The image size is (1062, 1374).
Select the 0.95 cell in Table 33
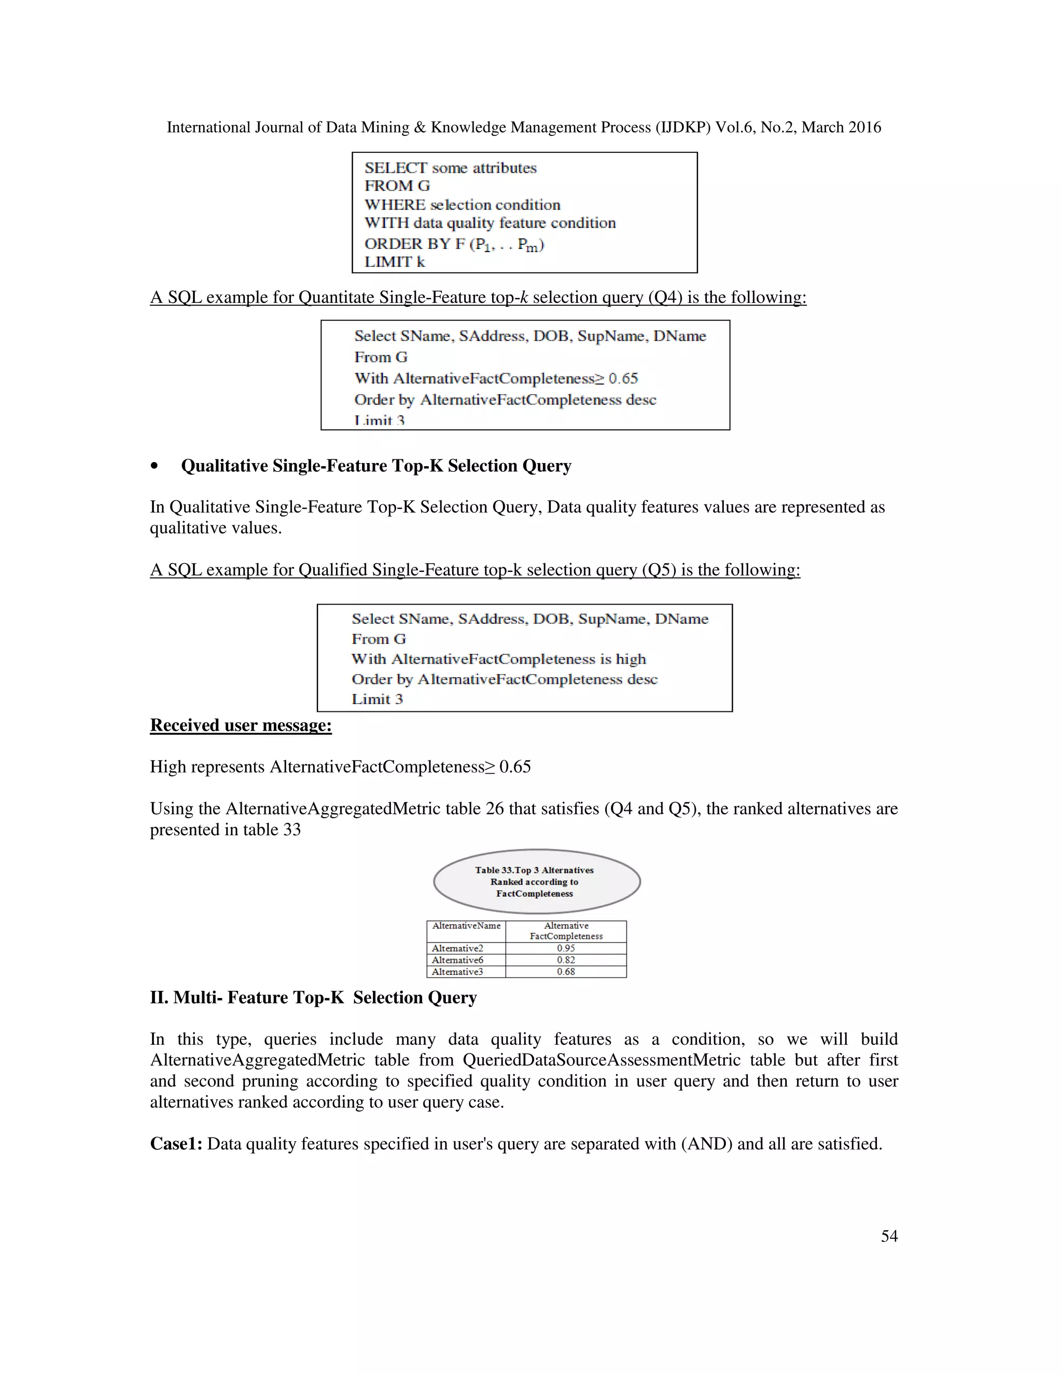(x=566, y=948)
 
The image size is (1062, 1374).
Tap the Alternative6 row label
(x=457, y=960)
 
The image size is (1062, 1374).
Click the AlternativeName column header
(x=466, y=926)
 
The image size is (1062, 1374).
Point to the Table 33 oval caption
(x=536, y=881)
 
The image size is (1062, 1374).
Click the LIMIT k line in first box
(x=395, y=262)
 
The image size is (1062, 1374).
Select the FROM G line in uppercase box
(x=397, y=186)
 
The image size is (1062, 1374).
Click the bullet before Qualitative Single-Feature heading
(x=154, y=466)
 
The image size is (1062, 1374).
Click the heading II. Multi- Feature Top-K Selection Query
(x=313, y=998)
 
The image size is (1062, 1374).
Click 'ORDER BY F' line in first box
(x=454, y=244)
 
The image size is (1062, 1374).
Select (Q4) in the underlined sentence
(x=664, y=297)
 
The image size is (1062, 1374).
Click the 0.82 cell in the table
(x=566, y=960)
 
